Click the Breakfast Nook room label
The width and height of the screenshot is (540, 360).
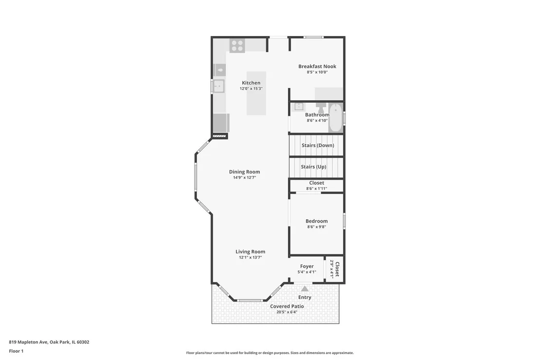[x=317, y=66]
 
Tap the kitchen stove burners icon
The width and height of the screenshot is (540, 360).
[x=237, y=46]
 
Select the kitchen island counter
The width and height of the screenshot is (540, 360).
[x=256, y=93]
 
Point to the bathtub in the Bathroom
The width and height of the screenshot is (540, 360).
[x=335, y=118]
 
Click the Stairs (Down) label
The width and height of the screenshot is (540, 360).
[x=318, y=145]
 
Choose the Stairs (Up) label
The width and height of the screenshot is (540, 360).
[x=313, y=167]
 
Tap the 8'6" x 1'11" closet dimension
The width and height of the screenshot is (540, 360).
[x=316, y=189]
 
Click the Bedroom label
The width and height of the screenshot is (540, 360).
[x=316, y=221]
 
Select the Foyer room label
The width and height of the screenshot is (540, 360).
[x=307, y=266]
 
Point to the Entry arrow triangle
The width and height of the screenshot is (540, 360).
[x=305, y=288]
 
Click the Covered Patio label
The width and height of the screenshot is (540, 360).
[x=287, y=306]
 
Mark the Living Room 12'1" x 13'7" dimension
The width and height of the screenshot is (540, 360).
[x=251, y=257]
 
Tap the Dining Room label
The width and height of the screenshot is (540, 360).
[x=245, y=172]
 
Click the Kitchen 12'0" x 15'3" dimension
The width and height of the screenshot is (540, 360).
[x=251, y=89]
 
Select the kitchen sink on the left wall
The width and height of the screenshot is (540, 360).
[x=218, y=86]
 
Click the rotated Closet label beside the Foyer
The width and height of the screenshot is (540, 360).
[x=337, y=269]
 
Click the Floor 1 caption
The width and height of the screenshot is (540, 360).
[x=16, y=351]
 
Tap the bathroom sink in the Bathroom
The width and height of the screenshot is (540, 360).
[x=298, y=106]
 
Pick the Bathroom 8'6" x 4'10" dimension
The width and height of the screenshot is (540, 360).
[x=317, y=120]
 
